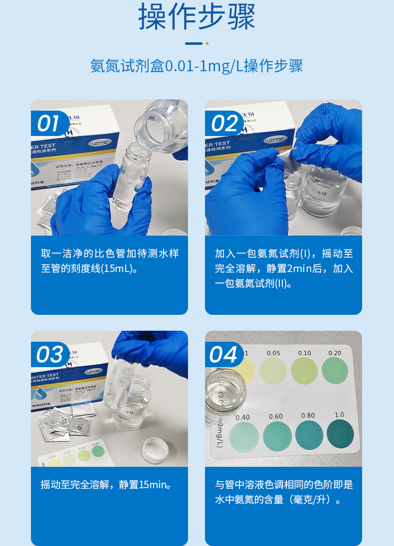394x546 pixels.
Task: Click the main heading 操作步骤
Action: tap(197, 17)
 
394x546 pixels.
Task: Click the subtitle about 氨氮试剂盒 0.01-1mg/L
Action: tap(197, 66)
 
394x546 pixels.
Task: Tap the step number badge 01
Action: tap(49, 124)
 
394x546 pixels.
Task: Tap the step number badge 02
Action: tap(223, 124)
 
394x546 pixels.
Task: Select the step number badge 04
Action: tap(223, 355)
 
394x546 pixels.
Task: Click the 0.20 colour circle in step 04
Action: tap(335, 370)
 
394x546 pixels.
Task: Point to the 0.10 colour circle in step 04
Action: tap(304, 371)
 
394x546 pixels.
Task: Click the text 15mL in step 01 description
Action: tap(118, 269)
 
